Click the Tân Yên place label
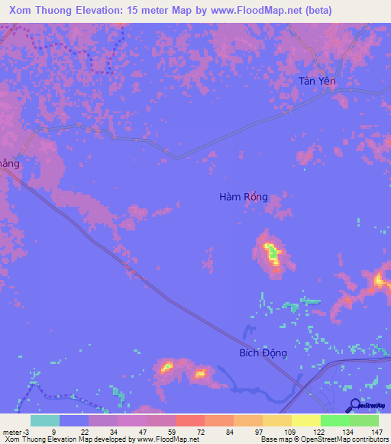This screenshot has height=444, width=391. coord(317,82)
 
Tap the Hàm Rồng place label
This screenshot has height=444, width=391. coord(244,197)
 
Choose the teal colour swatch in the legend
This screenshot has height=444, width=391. coord(45,420)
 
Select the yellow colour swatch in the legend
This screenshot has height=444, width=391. coord(305,420)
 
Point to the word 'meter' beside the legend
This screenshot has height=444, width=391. coord(12,432)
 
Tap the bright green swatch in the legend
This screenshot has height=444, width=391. coord(334,420)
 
